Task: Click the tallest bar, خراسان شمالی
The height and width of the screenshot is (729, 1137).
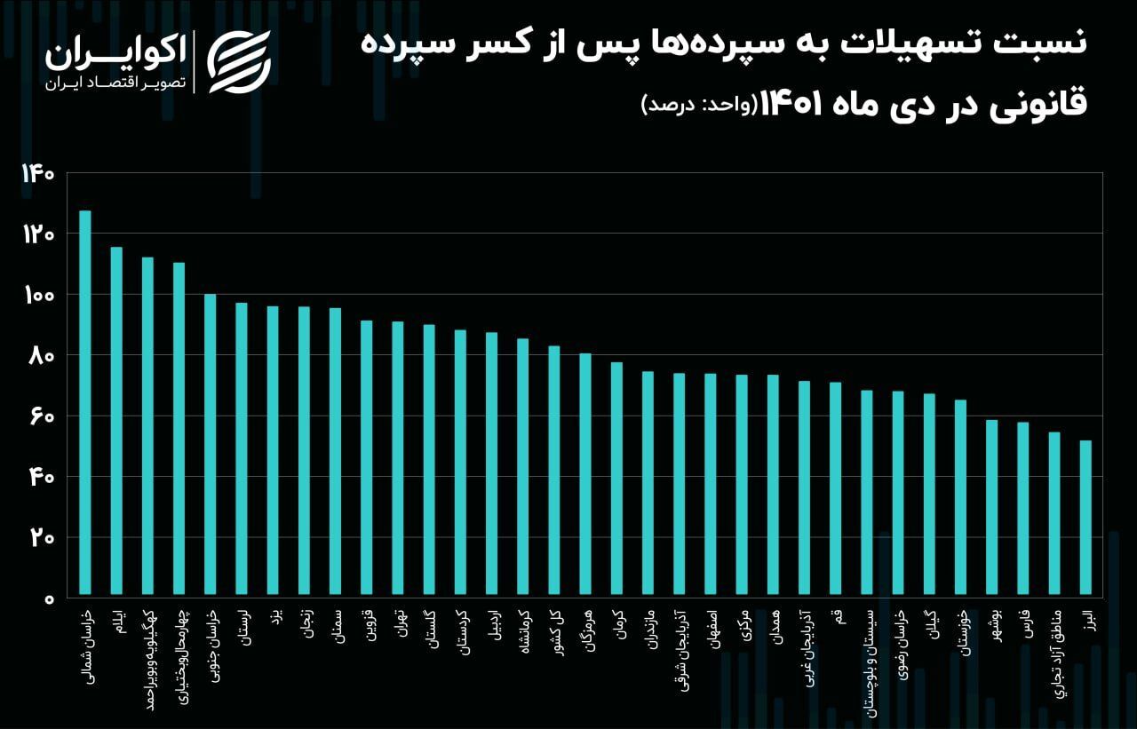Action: coord(84,402)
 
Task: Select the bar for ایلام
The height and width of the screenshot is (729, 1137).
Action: coord(116,421)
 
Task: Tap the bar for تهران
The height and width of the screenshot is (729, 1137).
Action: coord(398,458)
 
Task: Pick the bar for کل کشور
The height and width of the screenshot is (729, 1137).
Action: coord(554,471)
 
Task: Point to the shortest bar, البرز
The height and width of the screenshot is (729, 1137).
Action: coord(1085,518)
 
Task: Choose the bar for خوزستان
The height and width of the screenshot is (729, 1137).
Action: coord(960,497)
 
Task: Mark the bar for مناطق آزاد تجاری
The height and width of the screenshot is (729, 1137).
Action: coord(1054,513)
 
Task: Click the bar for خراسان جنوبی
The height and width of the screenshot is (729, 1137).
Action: coord(211,444)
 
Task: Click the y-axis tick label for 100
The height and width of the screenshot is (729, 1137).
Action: coord(39,296)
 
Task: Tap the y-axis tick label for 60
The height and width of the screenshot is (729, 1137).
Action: coord(42,417)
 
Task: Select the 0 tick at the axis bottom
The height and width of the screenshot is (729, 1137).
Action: coord(49,599)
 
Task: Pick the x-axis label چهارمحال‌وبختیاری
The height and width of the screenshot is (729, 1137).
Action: coord(182,656)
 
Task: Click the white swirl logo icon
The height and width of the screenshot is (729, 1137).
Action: coord(239,62)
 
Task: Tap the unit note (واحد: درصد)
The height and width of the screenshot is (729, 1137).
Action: coord(700,106)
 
